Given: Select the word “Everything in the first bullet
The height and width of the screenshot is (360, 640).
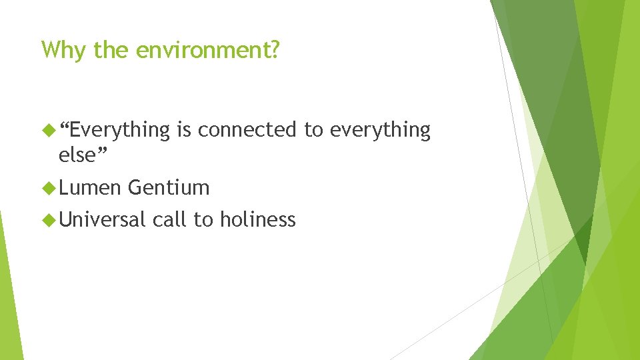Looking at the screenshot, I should coord(115,131).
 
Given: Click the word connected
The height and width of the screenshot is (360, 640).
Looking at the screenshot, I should coord(247,129).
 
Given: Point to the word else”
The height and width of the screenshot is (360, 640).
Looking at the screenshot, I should coord(83,155).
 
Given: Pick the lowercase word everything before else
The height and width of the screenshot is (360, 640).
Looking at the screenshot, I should coord(380,131).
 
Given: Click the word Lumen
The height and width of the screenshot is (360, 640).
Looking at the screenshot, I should coord(90,188).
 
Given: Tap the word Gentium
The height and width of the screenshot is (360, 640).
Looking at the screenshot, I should coord(169,188).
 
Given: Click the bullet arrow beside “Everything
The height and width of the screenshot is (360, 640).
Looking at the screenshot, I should coord(47,130).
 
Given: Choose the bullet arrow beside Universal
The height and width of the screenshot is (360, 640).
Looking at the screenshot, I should coord(47,219).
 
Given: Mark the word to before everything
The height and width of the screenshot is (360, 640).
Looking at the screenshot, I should coord(313,130).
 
